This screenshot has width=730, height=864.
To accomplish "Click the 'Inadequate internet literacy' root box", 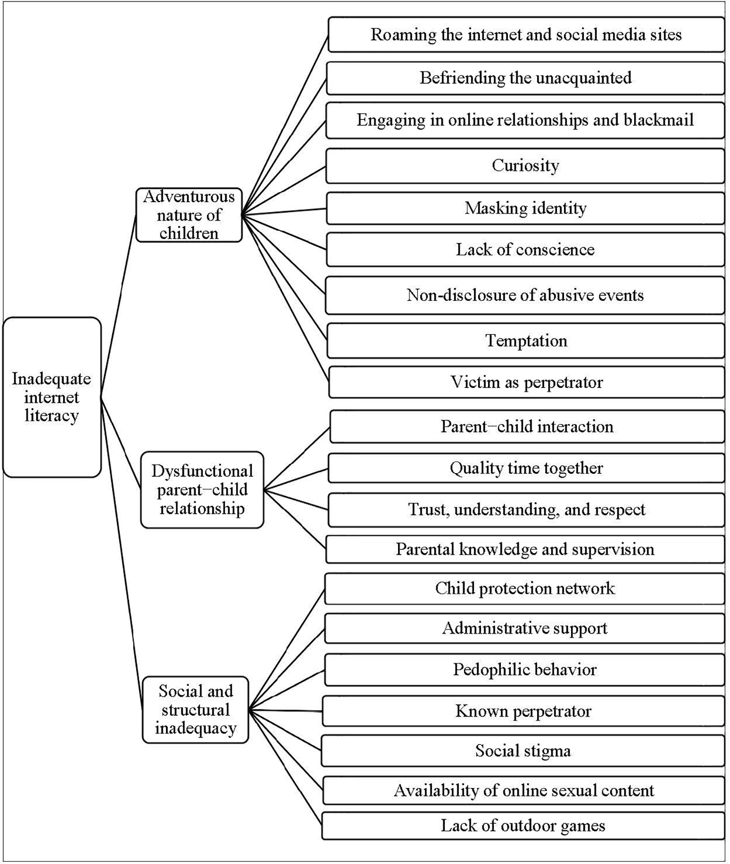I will [52, 397].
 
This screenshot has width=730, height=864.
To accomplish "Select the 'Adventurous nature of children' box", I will [189, 215].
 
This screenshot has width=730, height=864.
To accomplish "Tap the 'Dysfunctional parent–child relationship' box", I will [202, 490].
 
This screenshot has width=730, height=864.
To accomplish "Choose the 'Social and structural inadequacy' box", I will [196, 710].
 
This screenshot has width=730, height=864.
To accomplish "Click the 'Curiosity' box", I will [525, 166].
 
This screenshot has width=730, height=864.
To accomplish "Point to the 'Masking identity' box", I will [525, 208].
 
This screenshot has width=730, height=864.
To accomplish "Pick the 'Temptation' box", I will [526, 341].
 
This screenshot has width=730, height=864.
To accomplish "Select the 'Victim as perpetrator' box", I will [526, 383].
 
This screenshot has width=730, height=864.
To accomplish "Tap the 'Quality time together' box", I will [526, 468].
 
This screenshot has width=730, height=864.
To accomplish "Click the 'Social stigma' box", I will [523, 751].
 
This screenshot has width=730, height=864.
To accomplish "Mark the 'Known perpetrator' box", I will [523, 711].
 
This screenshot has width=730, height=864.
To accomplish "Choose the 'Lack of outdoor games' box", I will [523, 826].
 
